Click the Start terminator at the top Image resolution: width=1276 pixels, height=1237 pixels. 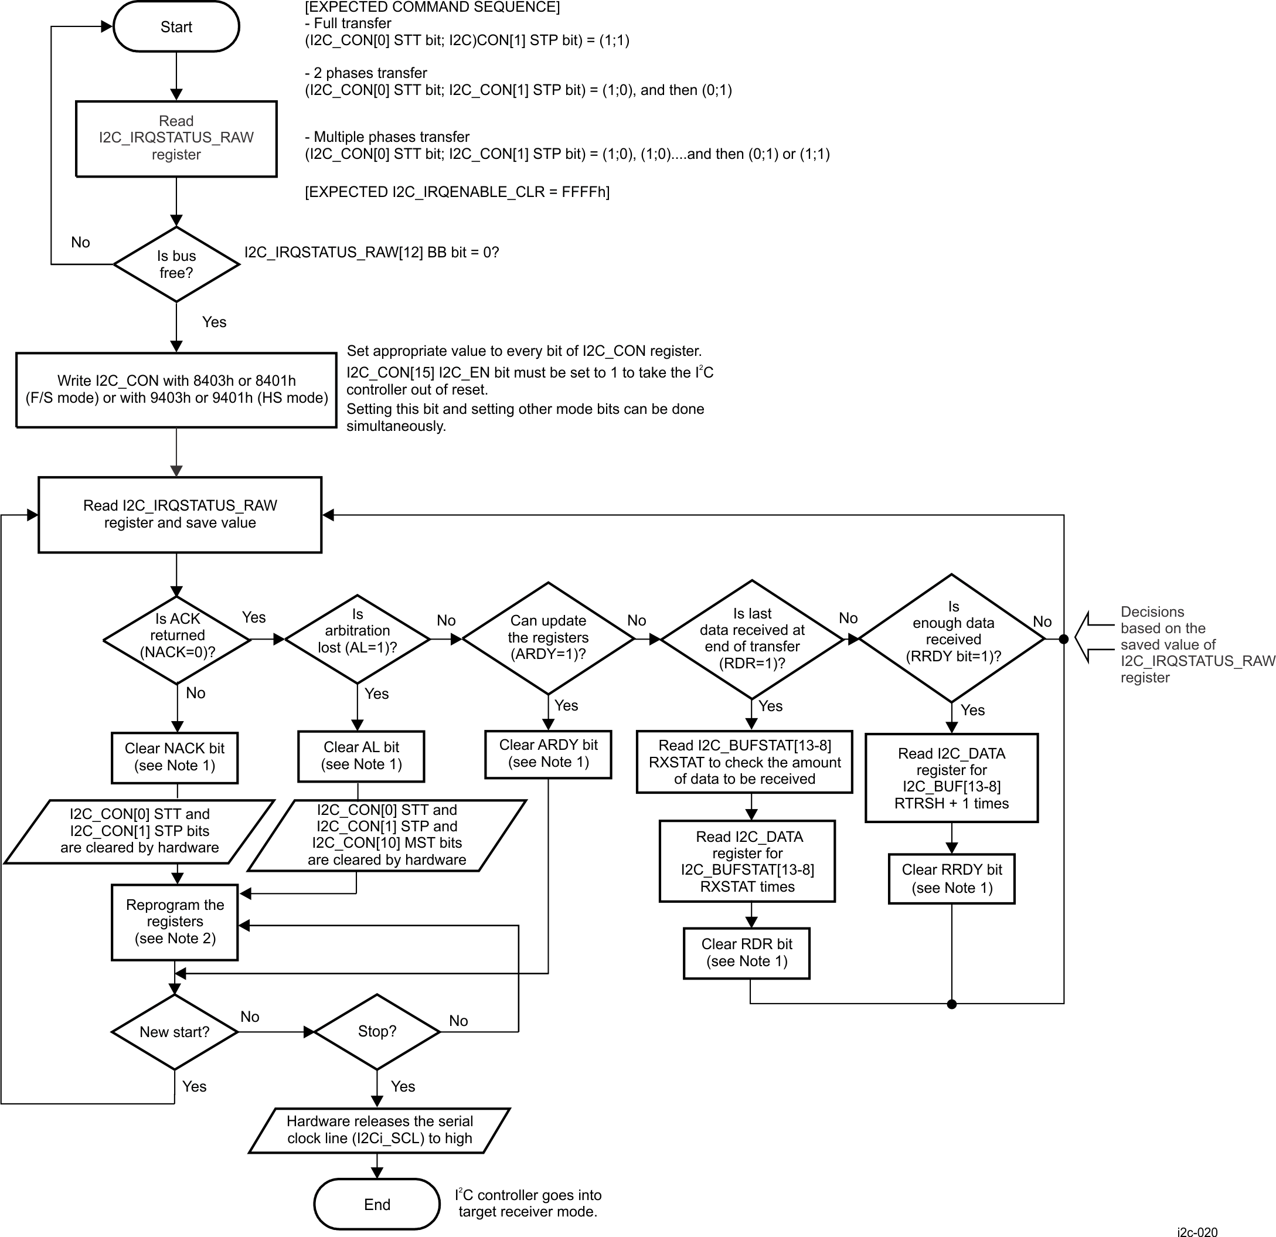[x=176, y=27]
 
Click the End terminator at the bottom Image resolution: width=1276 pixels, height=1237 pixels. [x=377, y=1204]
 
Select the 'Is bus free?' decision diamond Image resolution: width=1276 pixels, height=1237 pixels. [x=176, y=264]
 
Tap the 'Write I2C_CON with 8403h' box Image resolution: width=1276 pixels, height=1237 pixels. [x=176, y=389]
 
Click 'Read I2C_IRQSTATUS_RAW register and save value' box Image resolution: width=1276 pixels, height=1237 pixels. [x=180, y=514]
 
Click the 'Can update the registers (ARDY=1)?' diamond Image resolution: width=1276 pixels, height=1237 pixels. [x=548, y=638]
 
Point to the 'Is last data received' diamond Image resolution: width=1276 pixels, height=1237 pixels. [x=752, y=638]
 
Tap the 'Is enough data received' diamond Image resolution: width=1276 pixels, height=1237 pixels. [x=952, y=638]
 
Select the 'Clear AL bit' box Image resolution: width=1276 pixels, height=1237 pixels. [x=361, y=756]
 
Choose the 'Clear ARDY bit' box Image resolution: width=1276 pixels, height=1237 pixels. [x=548, y=753]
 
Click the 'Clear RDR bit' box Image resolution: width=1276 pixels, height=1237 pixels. [x=747, y=953]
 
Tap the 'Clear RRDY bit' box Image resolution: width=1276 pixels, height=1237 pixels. [x=952, y=879]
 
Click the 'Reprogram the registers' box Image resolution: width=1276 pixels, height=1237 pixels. [x=175, y=921]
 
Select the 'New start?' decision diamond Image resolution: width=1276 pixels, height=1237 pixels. [x=175, y=1032]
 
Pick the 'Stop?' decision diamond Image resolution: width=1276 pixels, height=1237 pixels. [x=377, y=1031]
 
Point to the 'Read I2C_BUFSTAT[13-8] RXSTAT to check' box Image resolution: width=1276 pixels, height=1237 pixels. [x=744, y=762]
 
